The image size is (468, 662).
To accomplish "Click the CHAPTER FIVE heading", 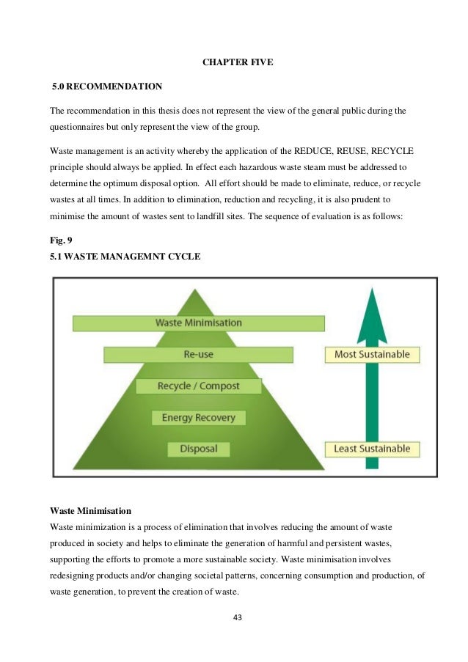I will pos(237,62).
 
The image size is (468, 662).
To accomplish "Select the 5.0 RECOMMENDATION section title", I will pos(107,87).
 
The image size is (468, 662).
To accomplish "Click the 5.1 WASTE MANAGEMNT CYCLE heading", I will pos(125,256).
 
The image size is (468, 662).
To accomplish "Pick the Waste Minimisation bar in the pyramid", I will pos(198,323).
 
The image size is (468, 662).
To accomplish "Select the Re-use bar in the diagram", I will pos(198,355).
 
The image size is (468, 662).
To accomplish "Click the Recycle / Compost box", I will pos(198,386).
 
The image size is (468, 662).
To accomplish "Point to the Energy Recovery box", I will pos(198,418).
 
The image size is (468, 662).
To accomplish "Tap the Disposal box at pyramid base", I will pos(198,449).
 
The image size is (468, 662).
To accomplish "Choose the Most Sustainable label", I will pos(372,355).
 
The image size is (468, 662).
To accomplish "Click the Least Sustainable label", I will pos(372,449).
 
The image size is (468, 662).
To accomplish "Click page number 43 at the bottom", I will pos(236,617).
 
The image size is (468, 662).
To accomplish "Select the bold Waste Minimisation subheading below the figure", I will pos(92,510).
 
